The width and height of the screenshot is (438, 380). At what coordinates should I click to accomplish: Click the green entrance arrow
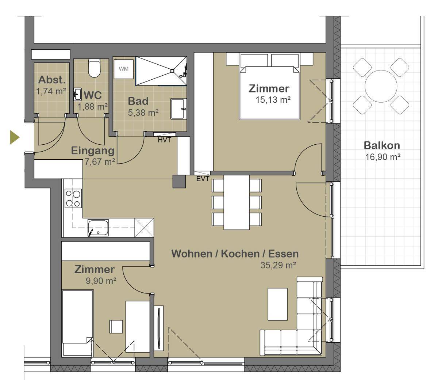(x=14, y=137)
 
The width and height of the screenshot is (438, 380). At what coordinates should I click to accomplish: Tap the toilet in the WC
(x=94, y=68)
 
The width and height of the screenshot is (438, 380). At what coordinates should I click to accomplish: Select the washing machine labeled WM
(x=123, y=69)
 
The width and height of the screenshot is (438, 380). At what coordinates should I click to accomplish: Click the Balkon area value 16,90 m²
(x=383, y=157)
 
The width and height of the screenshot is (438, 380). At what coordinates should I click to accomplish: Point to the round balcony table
(x=381, y=86)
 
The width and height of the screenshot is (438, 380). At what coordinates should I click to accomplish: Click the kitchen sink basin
(x=98, y=228)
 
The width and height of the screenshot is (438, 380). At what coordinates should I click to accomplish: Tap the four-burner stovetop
(x=73, y=198)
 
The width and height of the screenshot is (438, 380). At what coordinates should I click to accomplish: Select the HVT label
(x=165, y=140)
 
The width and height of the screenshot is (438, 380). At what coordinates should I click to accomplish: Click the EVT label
(x=203, y=179)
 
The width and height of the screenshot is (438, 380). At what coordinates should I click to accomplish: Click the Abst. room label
(x=52, y=80)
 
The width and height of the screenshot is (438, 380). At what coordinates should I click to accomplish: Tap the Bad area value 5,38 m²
(x=143, y=113)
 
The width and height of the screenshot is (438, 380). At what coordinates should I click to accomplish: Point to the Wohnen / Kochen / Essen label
(x=235, y=254)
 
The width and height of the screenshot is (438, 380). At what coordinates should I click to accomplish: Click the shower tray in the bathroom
(x=161, y=71)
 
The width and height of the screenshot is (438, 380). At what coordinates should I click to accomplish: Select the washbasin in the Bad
(x=178, y=109)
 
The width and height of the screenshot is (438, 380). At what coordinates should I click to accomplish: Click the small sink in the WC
(x=77, y=94)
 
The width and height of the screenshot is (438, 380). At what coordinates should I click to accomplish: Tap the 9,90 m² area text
(x=101, y=281)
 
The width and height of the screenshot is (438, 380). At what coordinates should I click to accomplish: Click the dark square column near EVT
(x=179, y=181)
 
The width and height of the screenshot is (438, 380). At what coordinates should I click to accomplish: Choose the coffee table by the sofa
(x=278, y=304)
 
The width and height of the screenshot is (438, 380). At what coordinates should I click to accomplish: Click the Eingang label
(x=93, y=151)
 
